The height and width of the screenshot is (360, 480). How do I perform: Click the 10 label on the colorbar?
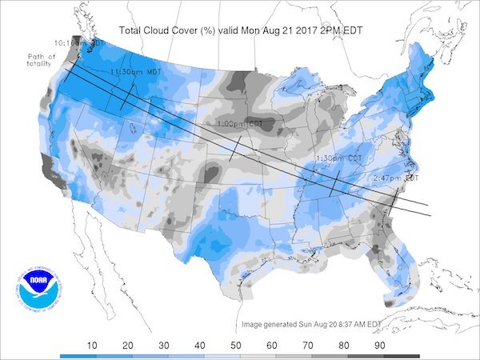click(92, 345)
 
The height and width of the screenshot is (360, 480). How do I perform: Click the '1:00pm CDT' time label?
click(241, 125)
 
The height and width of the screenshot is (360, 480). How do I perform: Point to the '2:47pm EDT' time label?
click(395, 177)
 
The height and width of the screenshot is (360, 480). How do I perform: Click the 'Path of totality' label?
click(41, 59)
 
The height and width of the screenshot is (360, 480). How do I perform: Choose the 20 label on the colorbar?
click(128, 345)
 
